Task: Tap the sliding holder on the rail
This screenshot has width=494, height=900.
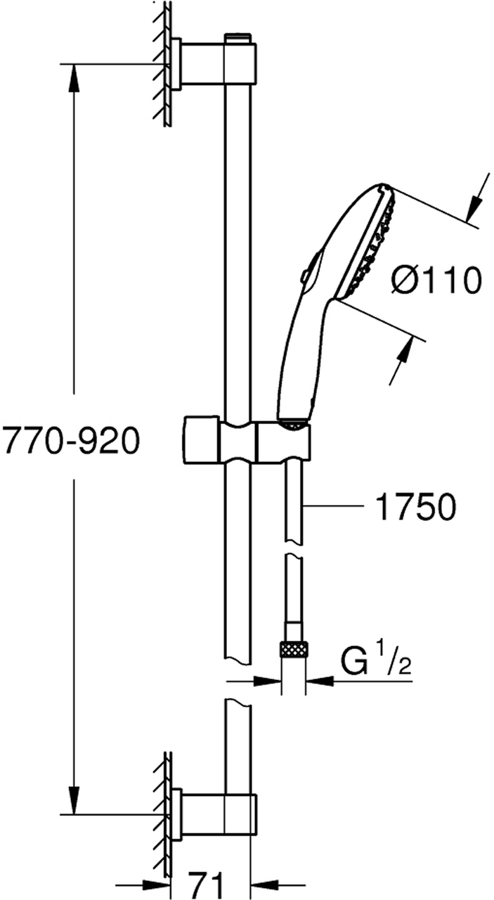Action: click(x=247, y=441)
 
